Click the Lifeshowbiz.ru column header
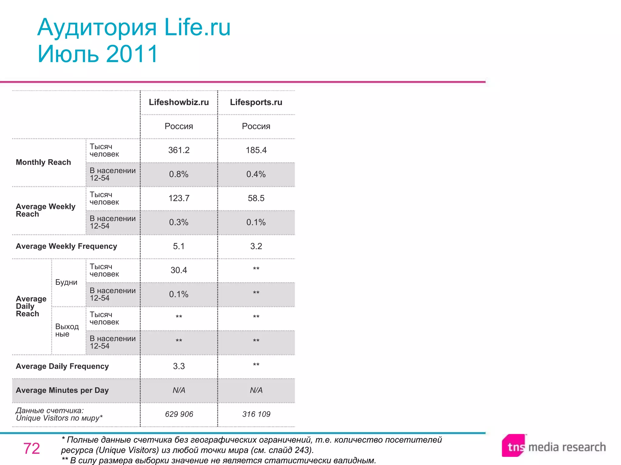pos(179,102)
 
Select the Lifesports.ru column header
pos(256,102)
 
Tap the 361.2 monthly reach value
pos(179,150)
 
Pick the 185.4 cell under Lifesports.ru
pos(256,150)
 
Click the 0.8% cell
pos(179,174)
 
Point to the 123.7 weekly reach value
pos(179,198)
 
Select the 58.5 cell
pos(256,198)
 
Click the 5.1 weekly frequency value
pos(179,246)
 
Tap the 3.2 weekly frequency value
pos(256,246)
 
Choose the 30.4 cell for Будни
pos(179,270)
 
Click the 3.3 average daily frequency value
pos(179,366)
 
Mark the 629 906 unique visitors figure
pos(179,414)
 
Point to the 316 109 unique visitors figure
pos(256,414)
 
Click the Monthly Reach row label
pos(43,162)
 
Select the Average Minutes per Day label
pos(62,390)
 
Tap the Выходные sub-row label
pos(67,330)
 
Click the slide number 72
pos(32,448)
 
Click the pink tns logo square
pos(513,446)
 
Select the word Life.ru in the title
pos(197,27)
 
